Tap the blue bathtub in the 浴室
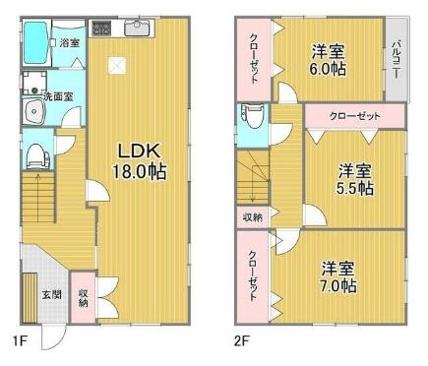[x=36, y=42]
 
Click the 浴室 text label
[x=69, y=43]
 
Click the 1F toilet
[x=36, y=153]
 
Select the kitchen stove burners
[x=101, y=28]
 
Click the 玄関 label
[x=50, y=293]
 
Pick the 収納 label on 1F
[x=84, y=297]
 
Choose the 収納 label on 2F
[x=253, y=216]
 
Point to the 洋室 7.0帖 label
[x=337, y=276]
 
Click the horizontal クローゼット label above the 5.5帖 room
[x=354, y=116]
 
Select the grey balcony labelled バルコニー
[x=396, y=59]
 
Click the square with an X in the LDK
[x=117, y=66]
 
